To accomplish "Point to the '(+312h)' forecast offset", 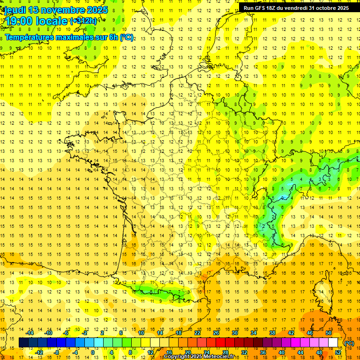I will [83, 21].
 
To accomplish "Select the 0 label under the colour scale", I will [93, 352].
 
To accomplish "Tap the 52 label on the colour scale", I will [337, 352].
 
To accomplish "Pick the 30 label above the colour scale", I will [234, 333].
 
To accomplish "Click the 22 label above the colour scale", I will [197, 333].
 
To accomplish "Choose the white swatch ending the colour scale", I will [333, 343].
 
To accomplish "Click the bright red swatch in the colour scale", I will [221, 343].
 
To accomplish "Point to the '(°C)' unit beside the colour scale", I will [349, 343].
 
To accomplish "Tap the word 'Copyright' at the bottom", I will [177, 357].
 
